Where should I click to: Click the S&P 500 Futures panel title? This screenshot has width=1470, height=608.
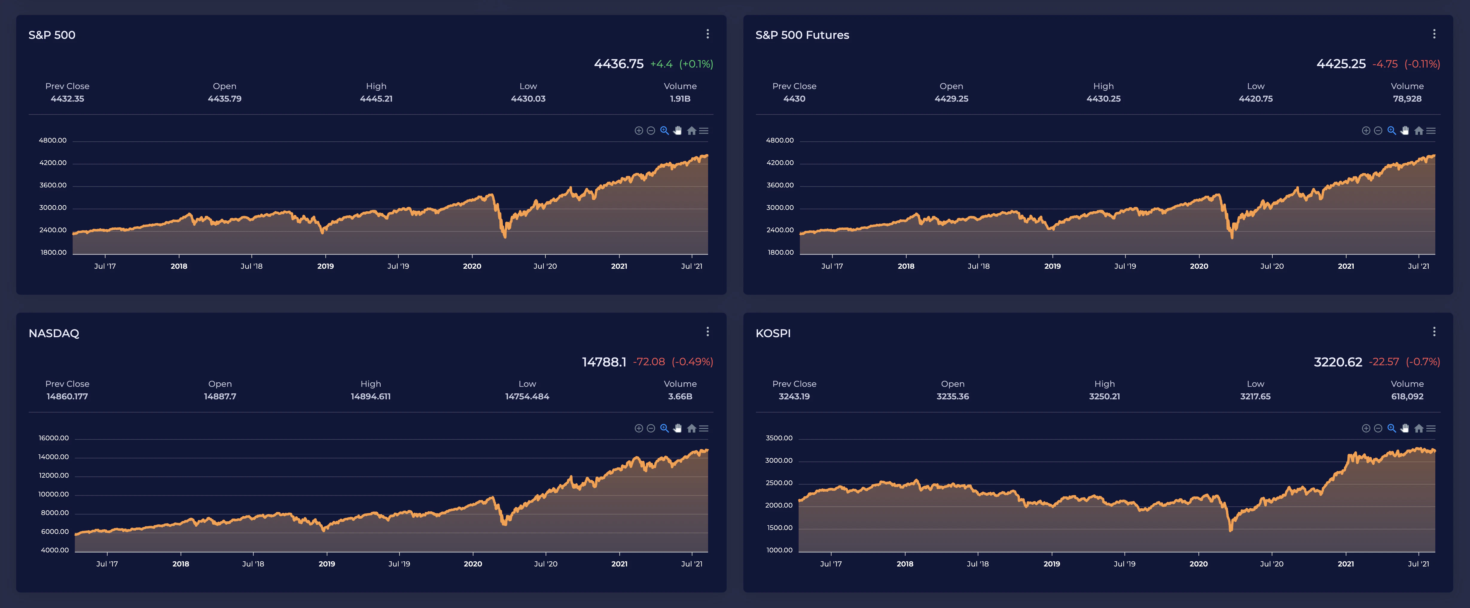point(802,35)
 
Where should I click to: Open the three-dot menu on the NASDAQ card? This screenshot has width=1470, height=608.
point(707,332)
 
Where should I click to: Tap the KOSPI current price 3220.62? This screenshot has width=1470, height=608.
point(1338,362)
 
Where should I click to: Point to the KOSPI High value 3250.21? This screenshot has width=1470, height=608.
point(1104,396)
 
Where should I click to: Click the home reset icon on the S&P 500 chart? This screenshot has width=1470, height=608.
point(692,131)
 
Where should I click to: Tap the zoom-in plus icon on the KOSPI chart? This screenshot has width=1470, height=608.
point(1366,428)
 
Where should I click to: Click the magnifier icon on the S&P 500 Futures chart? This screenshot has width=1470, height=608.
point(1391,131)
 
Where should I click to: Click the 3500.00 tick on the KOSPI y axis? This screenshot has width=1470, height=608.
point(779,438)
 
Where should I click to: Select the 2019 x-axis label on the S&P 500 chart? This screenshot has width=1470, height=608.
point(325,266)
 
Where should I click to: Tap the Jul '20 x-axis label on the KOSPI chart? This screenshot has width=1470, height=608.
point(1271,564)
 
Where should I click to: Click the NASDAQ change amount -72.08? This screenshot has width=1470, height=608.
point(649,362)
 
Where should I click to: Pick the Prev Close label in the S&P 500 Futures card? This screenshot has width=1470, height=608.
point(794,86)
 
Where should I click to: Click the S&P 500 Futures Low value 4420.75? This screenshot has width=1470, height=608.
point(1255,99)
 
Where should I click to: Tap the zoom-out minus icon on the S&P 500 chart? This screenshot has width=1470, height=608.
point(651,131)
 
